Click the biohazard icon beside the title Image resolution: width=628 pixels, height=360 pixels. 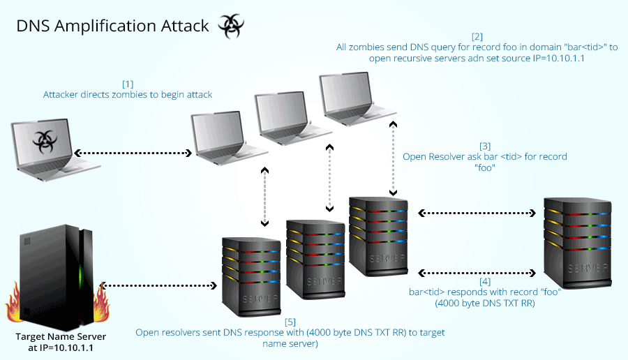tap(230, 26)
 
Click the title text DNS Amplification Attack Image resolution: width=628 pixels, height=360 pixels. tap(112, 27)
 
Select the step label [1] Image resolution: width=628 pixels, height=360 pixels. tap(128, 83)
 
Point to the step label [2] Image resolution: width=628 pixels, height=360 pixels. tap(477, 36)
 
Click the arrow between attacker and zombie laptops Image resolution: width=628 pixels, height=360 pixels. tap(132, 152)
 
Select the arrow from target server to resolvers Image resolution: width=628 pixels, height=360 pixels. tap(160, 285)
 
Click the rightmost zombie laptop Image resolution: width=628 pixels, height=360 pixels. tap(353, 96)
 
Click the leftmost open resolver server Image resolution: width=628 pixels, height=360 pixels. tap(251, 272)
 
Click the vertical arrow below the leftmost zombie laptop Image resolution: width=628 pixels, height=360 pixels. tap(264, 197)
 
